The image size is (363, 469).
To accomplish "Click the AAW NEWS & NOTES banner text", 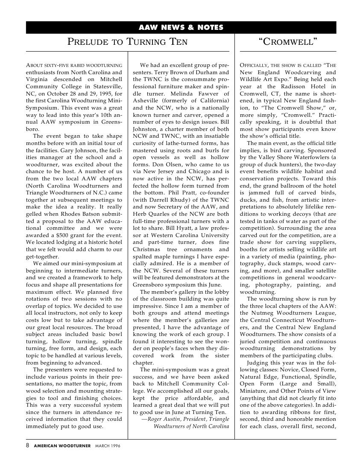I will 181,28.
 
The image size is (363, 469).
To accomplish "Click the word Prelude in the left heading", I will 88,42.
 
